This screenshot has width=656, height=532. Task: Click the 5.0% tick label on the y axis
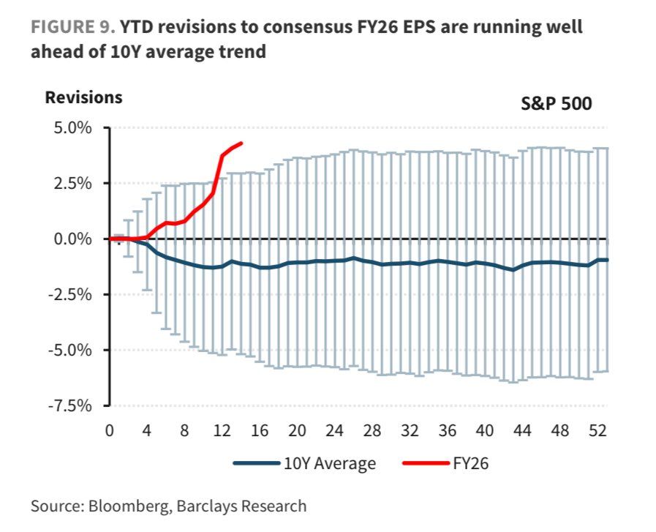(71, 127)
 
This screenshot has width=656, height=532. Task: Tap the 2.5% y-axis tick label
(71, 183)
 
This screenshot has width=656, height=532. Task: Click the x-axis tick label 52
(598, 430)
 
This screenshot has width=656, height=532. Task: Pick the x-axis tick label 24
(336, 430)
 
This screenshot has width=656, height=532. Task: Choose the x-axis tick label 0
(110, 430)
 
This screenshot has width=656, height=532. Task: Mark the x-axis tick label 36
(448, 430)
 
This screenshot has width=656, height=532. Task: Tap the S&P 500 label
(556, 103)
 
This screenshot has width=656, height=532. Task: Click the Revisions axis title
(83, 97)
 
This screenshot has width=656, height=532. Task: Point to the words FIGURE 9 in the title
(71, 27)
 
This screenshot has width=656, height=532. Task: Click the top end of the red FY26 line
(241, 143)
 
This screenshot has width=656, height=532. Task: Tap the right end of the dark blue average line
(608, 260)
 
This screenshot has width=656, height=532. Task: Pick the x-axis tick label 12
(222, 430)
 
